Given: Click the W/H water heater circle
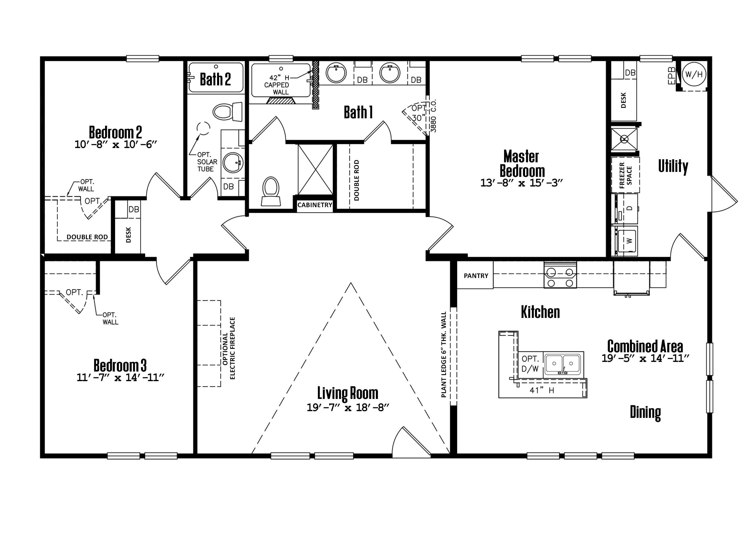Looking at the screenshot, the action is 694,75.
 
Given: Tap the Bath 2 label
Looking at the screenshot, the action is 215,79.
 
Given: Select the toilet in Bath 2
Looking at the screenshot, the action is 227,112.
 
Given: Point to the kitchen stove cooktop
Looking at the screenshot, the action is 560,277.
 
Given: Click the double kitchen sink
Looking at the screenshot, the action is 562,364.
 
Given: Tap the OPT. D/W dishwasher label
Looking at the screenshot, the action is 530,364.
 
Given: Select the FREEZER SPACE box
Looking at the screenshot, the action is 625,175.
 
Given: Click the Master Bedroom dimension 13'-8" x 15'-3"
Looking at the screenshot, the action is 521,183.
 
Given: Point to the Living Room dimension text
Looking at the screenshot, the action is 348,408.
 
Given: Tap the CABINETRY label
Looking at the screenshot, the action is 314,205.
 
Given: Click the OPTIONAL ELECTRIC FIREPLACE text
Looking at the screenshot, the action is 229,348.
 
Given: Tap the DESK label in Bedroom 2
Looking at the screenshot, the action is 128,235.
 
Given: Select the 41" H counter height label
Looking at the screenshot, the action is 542,390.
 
